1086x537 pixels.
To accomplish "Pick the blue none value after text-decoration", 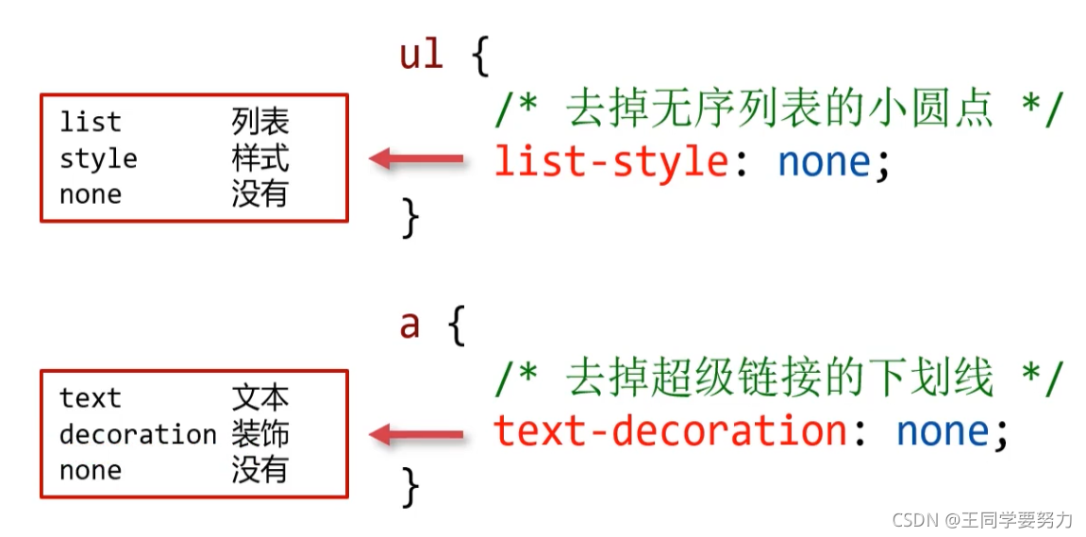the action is coord(942,431).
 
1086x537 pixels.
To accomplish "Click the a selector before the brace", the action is coord(410,325).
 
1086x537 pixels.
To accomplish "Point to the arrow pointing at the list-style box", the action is coord(416,159).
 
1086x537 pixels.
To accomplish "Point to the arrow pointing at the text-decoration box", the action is coord(416,434).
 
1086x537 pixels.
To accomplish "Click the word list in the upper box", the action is coord(90,122).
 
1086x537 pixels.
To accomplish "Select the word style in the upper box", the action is coord(98,159).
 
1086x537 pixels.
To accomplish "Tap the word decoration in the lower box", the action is coord(138,434).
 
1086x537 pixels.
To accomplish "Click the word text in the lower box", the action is coord(90,398).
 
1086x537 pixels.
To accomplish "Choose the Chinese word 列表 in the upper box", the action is coord(260,123).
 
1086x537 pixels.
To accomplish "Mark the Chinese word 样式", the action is coord(260,159).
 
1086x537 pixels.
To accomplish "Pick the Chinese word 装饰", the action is coord(260,434).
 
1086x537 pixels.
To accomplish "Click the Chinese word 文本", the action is coord(260,398).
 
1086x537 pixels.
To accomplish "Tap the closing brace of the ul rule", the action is coord(410,218).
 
